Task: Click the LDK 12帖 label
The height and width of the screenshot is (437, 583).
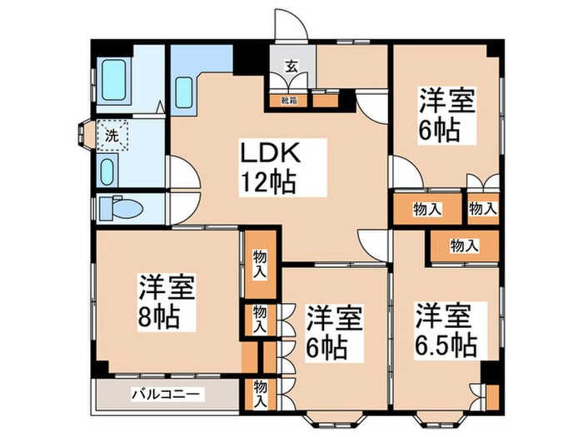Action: tap(268, 168)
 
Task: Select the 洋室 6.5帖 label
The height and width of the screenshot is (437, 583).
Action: tap(446, 330)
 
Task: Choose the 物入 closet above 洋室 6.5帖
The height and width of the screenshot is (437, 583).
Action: tap(464, 246)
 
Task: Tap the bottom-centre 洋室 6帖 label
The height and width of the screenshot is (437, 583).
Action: tap(335, 331)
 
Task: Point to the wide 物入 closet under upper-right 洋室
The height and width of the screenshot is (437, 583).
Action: tap(427, 210)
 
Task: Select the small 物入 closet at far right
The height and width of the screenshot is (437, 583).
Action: tap(482, 210)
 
